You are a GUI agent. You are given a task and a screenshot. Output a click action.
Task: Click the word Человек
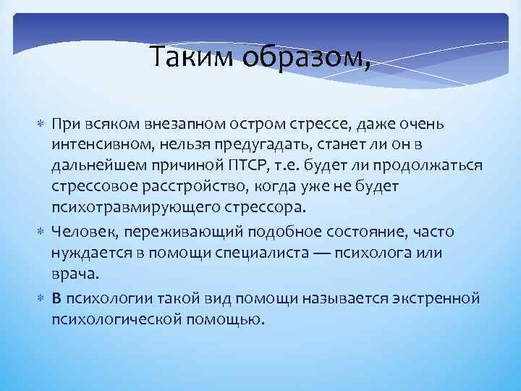[x=81, y=232]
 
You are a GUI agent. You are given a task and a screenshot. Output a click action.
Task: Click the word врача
[x=72, y=274]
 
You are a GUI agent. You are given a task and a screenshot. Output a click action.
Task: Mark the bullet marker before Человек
[x=40, y=232]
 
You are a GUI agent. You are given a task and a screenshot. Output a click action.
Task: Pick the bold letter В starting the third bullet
[x=56, y=298]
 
